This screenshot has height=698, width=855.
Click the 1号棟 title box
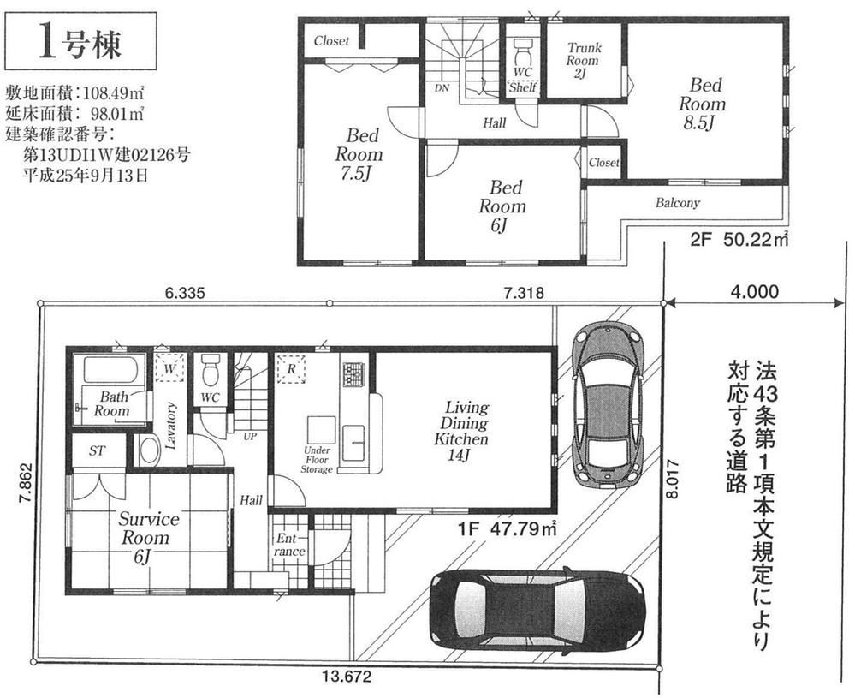82,41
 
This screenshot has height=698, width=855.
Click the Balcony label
678,203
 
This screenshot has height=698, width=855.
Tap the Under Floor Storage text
316,459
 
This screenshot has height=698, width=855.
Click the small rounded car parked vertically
606,404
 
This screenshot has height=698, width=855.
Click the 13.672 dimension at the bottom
346,677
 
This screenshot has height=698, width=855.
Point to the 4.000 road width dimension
755,290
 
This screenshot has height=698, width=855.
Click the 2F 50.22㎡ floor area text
739,241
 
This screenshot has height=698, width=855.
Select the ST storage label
97,450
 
